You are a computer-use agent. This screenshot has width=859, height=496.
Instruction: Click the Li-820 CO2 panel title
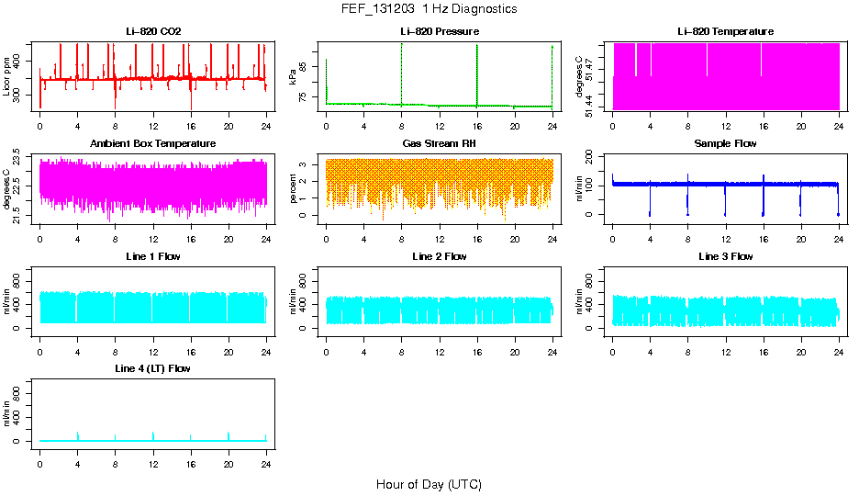coord(153,32)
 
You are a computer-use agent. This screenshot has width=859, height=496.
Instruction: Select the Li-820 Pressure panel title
coord(440,32)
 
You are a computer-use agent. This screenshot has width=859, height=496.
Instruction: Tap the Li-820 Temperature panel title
coord(725,32)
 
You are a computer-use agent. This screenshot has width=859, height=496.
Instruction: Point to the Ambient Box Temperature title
coord(153,144)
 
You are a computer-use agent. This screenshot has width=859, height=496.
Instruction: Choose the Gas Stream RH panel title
coord(440,144)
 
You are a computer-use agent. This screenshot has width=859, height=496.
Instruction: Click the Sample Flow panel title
coord(725,144)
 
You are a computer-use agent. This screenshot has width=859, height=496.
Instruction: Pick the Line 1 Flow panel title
coord(153,256)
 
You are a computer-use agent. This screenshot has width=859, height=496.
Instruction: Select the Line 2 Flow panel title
coord(440,256)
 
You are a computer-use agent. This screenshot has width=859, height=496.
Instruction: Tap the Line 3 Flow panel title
coord(725,256)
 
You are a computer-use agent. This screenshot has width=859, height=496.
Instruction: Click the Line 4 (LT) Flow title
coord(153,368)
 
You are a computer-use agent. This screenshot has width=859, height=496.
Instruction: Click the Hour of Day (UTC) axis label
coord(429,484)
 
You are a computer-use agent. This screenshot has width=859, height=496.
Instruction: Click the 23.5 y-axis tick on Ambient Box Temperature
coord(19,157)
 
